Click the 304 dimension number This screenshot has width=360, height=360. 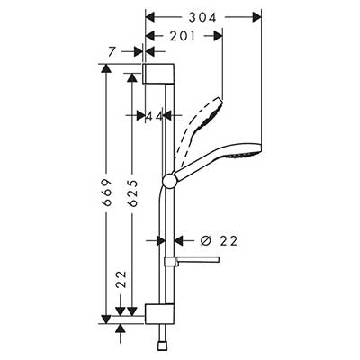point(202,17)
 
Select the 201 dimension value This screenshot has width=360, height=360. point(183,36)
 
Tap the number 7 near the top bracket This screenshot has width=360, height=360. point(112,51)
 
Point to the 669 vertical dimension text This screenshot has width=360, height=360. point(107,193)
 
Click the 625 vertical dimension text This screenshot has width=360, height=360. point(132,193)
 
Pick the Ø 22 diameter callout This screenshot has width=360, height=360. point(220,240)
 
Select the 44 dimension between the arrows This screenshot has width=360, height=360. point(154,116)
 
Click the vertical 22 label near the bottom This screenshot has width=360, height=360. point(121,279)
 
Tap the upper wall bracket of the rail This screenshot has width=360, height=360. point(158,74)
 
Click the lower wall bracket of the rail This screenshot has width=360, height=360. point(159,314)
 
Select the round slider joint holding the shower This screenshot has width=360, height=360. point(170,181)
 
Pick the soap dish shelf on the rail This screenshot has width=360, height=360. point(192,260)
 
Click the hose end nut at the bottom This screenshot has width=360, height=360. point(161,345)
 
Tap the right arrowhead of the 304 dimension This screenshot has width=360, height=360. point(256,17)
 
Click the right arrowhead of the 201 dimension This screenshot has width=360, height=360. point(218,36)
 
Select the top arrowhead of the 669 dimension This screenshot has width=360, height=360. point(106,68)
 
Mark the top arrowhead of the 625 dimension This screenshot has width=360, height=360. point(131,77)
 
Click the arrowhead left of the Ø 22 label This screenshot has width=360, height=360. point(160,240)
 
